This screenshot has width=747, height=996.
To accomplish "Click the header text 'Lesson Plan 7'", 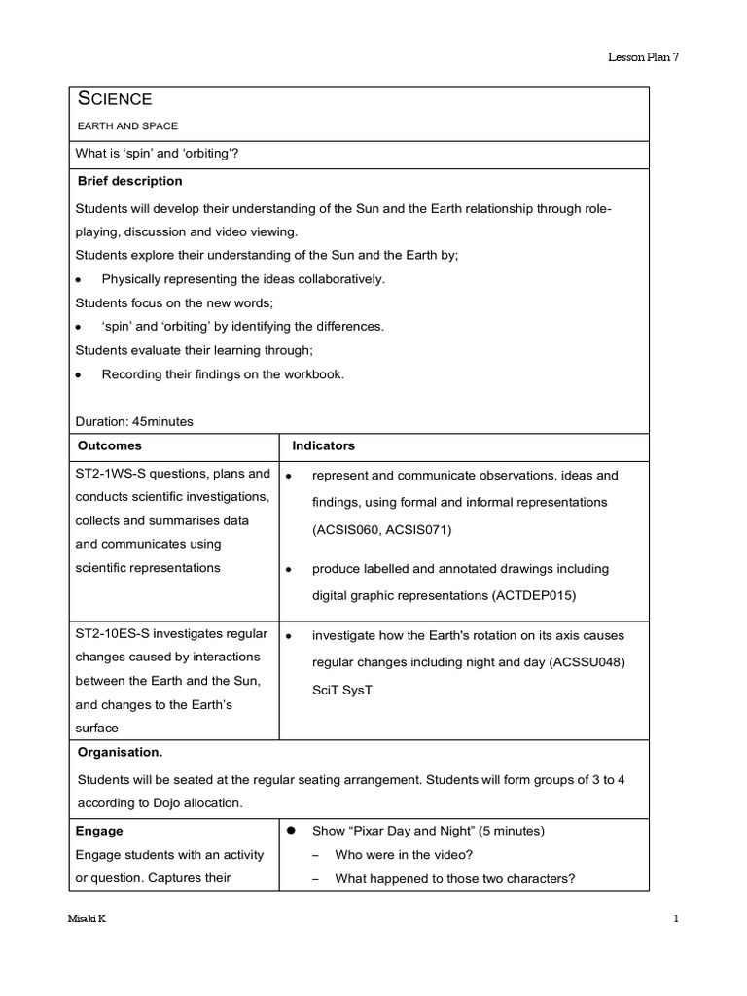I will click(643, 57).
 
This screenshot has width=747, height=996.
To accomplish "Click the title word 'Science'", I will click(114, 99).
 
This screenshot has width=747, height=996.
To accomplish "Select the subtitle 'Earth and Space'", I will click(126, 126).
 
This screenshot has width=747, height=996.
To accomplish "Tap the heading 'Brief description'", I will click(128, 181).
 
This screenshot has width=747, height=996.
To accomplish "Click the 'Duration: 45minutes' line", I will click(134, 421).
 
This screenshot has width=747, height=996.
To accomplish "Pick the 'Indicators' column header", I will click(324, 445).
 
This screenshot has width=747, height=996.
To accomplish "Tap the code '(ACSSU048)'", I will click(587, 662).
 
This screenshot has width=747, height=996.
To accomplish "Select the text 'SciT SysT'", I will click(342, 690).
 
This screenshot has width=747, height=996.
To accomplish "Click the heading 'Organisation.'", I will click(120, 752).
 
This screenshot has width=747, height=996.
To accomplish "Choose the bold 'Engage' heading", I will click(99, 832).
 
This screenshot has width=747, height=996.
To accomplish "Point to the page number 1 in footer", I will click(674, 919).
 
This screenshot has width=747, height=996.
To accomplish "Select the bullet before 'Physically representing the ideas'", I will click(79, 280).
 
